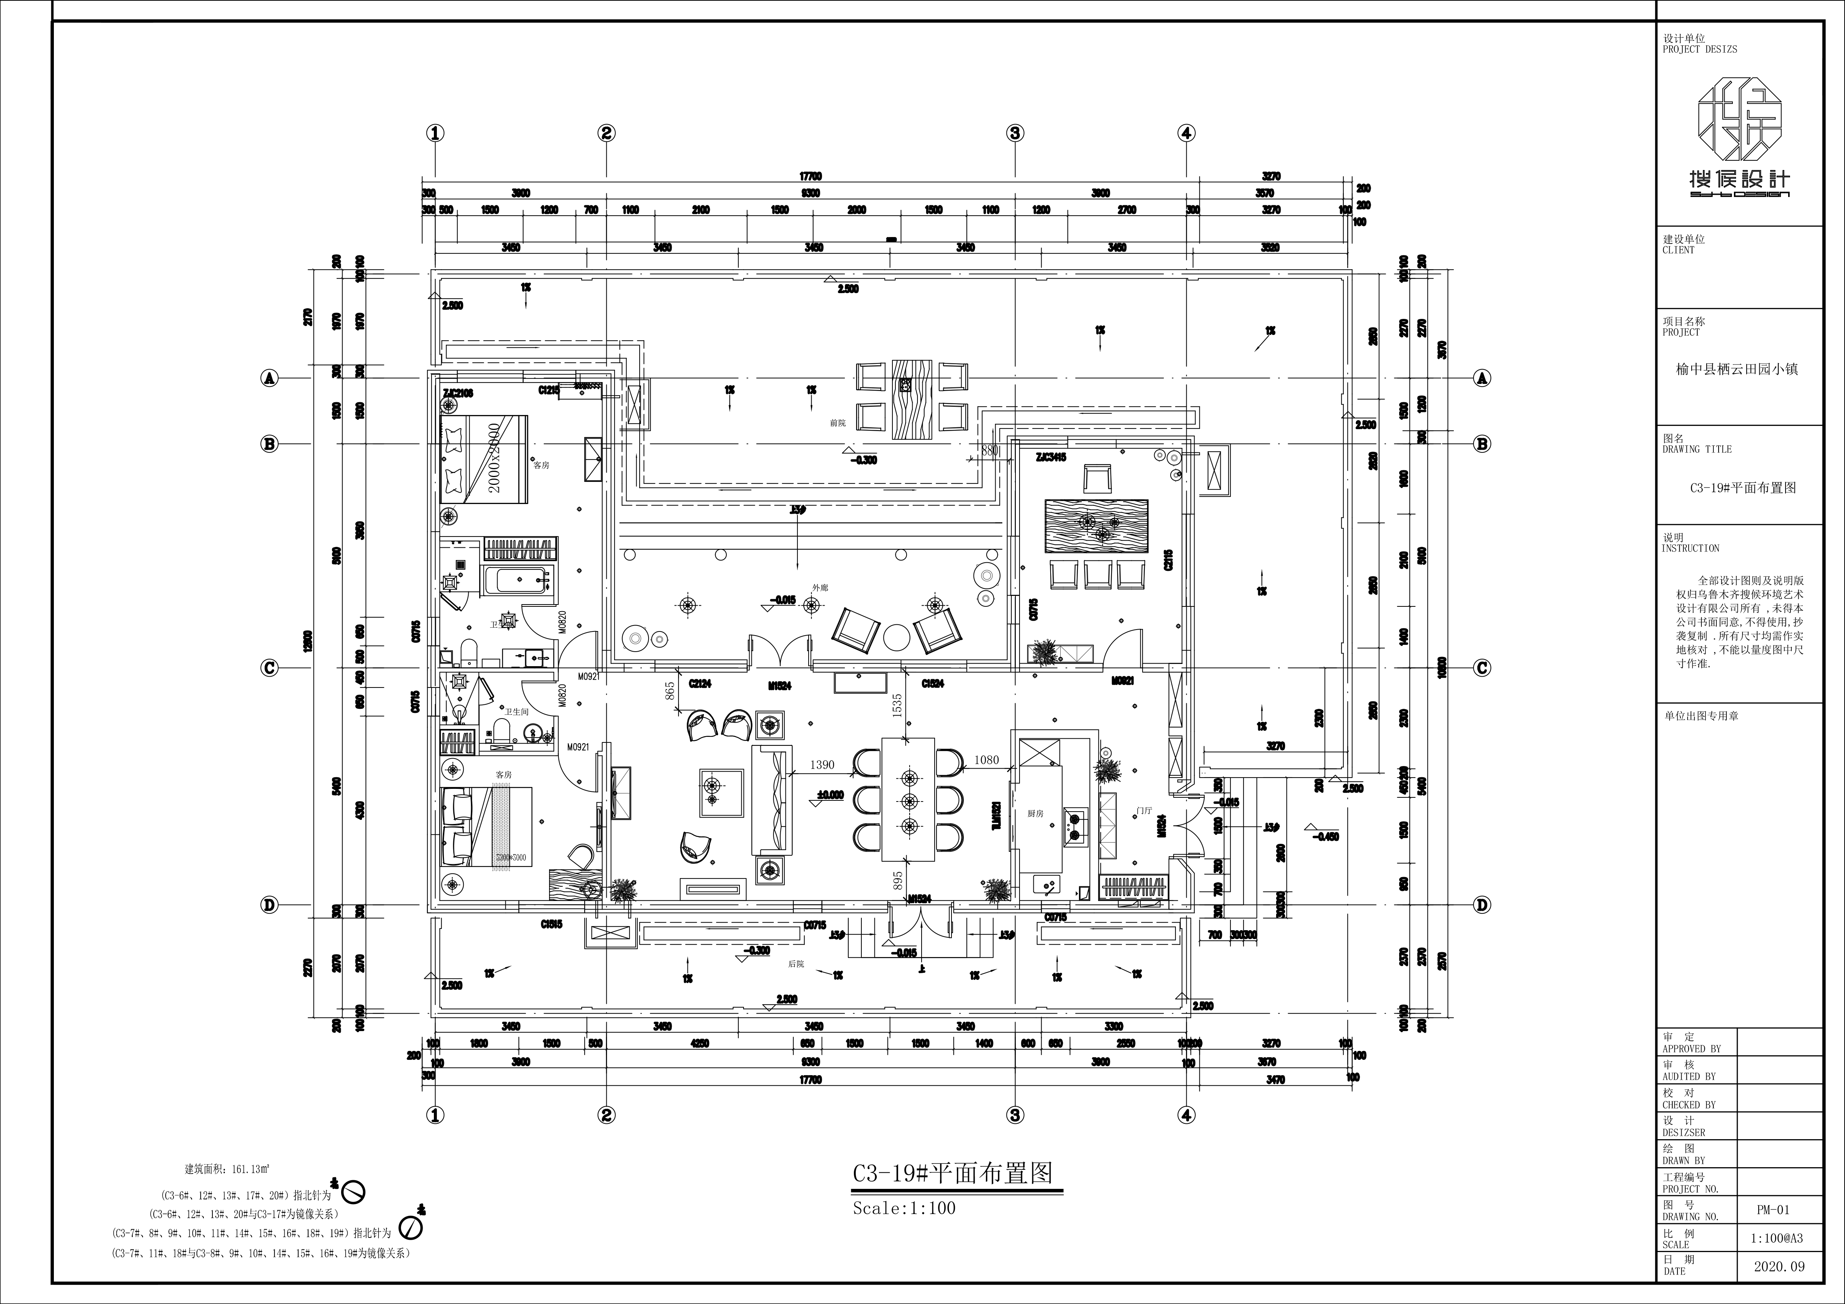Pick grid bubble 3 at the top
tap(1015, 133)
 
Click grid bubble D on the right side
tap(1482, 905)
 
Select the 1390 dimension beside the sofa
tap(822, 765)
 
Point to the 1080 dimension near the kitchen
tap(986, 760)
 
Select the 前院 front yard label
tap(837, 422)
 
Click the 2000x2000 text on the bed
tap(494, 464)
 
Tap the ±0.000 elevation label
tap(829, 794)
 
